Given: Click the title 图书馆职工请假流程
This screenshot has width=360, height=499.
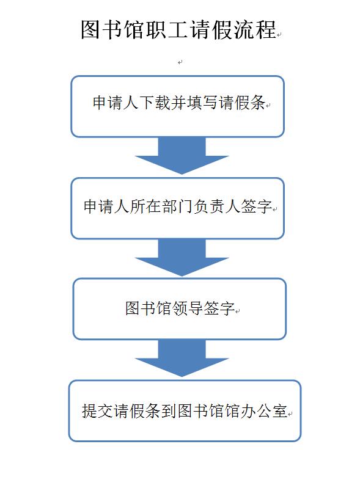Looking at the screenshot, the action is click(178, 29).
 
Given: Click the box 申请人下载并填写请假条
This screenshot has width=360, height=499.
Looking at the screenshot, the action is click(177, 106).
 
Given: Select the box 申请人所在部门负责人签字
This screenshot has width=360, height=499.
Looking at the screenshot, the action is click(177, 208).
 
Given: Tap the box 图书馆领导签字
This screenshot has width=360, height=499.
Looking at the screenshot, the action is click(180, 308).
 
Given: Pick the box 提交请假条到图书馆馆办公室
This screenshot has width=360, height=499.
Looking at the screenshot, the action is click(185, 411).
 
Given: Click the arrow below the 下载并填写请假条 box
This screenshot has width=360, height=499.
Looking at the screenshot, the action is click(182, 156).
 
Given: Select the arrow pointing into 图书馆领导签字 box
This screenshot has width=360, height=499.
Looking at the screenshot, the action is click(182, 258).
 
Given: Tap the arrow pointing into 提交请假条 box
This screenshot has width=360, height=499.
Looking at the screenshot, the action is click(182, 359).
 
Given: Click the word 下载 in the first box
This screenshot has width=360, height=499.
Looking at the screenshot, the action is click(147, 103).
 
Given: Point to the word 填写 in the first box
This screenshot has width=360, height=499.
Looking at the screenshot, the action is click(202, 103).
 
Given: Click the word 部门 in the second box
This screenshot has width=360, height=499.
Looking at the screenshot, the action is click(177, 206).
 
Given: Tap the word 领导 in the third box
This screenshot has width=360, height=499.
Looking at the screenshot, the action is click(188, 308).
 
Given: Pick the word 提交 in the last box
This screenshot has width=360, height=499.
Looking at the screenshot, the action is click(97, 410).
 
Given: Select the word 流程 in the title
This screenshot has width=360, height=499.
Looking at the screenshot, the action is click(255, 29).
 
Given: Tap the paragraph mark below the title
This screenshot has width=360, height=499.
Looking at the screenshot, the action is click(180, 62).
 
